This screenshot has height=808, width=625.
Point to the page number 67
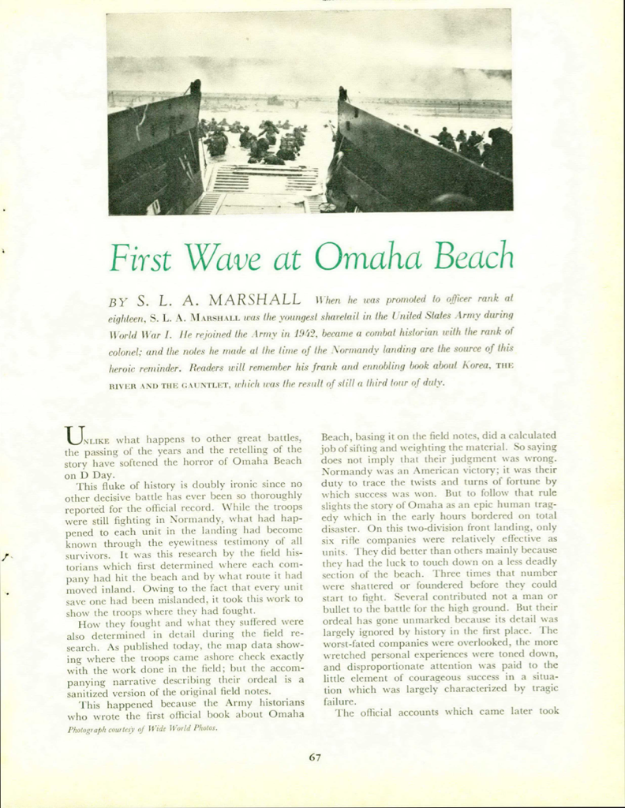point(315,757)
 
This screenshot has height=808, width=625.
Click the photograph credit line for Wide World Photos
point(142,728)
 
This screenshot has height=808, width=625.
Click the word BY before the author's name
point(118,301)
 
